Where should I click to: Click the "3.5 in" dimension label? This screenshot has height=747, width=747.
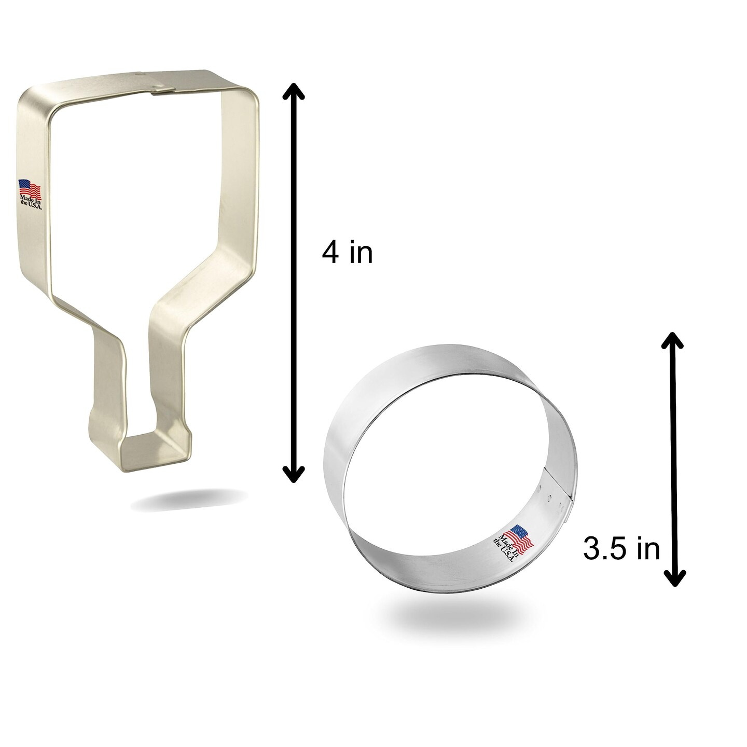621,549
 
